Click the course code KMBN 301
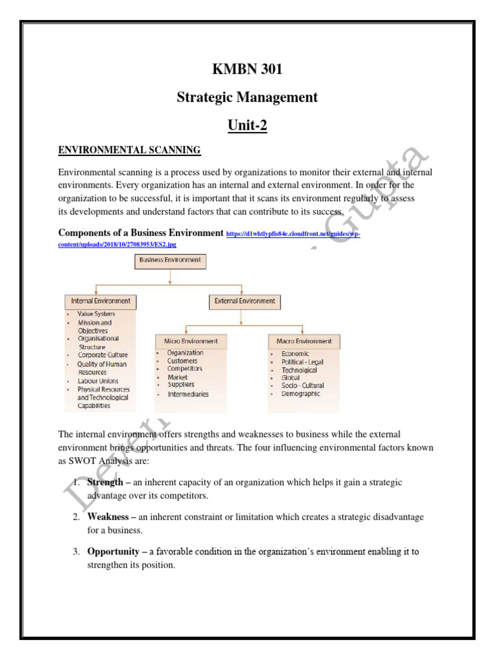(247, 70)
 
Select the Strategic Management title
(247, 97)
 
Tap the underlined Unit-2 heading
(247, 125)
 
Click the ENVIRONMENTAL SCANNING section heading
(130, 150)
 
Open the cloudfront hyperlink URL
(293, 235)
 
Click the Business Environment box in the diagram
(170, 260)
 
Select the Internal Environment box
(101, 300)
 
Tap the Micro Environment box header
(186, 341)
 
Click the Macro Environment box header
(304, 341)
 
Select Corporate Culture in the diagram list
(102, 354)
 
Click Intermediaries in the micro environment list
(188, 394)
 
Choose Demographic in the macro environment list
(300, 393)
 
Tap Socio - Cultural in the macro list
(302, 385)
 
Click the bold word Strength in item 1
(104, 483)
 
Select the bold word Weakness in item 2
(108, 518)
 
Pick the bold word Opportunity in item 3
(113, 552)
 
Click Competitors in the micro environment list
(184, 369)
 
